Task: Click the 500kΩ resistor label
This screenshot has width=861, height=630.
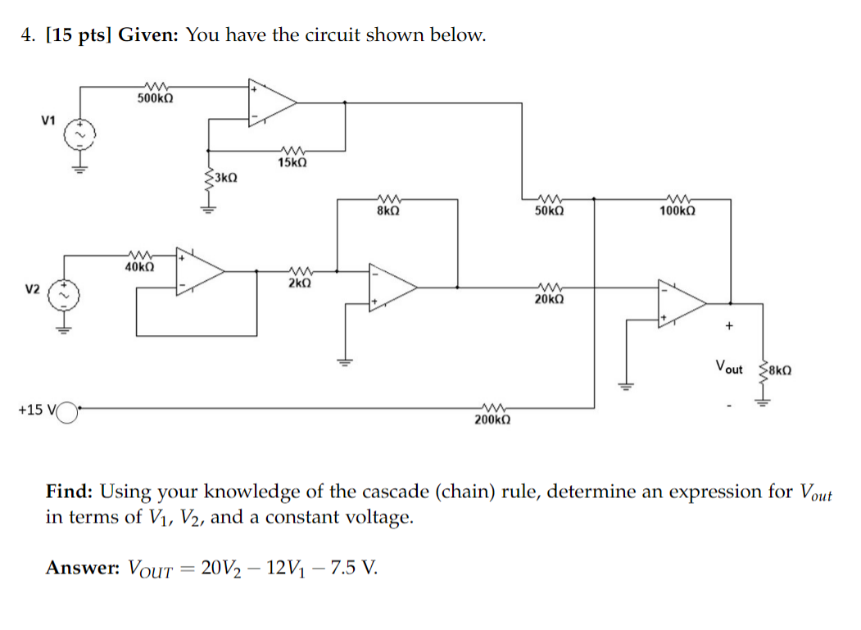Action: (x=154, y=98)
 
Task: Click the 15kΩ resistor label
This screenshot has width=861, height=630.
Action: (x=292, y=162)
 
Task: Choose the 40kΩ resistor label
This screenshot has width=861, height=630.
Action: (x=139, y=266)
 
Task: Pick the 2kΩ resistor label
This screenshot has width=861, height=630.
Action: (x=299, y=283)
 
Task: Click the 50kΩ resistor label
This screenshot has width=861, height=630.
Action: (x=549, y=211)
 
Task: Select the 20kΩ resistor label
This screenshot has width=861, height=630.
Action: (x=549, y=299)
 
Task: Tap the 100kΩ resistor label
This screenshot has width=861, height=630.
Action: (x=677, y=211)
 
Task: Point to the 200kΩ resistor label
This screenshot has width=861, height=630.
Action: (x=492, y=419)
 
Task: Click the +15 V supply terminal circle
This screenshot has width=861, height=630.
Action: (x=66, y=408)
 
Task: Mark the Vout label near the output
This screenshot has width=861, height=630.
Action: (x=728, y=368)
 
